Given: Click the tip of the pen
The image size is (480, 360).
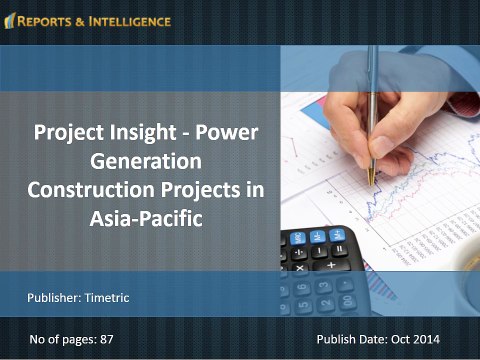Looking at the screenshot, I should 370,182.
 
